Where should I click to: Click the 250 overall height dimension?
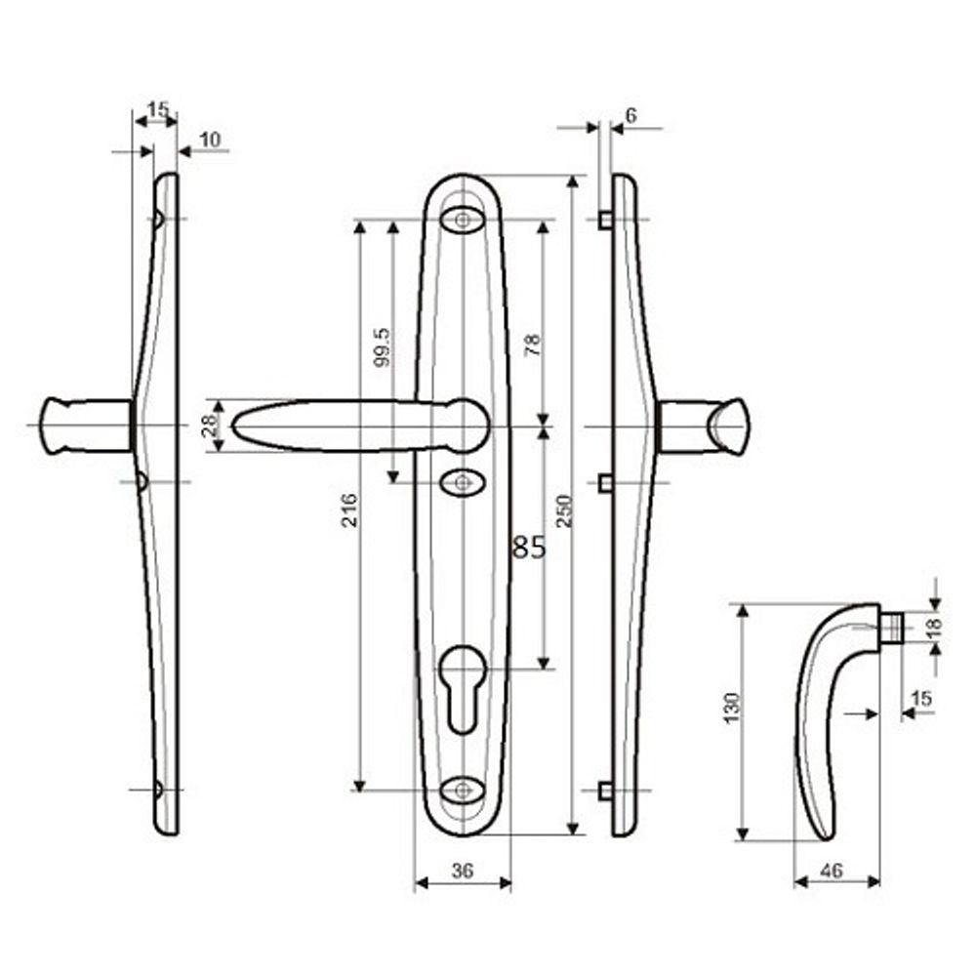[565, 509]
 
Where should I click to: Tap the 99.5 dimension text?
[383, 346]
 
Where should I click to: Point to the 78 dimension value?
[532, 344]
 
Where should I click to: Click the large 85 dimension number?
[529, 548]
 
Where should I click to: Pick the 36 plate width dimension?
[463, 872]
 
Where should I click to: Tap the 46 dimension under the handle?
[832, 872]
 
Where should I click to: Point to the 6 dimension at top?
[630, 115]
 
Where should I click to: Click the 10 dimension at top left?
[209, 140]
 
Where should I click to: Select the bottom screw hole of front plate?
[462, 789]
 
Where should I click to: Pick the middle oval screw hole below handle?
[462, 481]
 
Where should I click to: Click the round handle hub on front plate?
[467, 425]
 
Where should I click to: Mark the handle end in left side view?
[59, 427]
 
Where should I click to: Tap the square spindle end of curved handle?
[890, 626]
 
